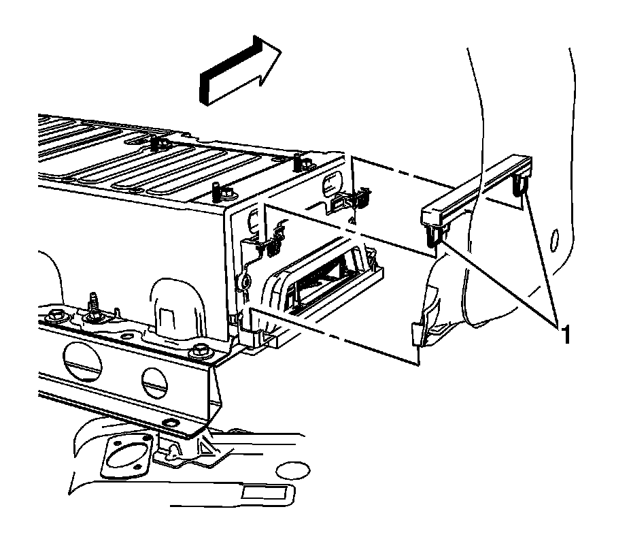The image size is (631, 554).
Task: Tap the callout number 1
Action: [566, 336]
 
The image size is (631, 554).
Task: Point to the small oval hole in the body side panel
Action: [555, 238]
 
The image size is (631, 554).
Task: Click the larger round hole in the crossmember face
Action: [82, 358]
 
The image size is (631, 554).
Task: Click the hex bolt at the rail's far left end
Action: [54, 314]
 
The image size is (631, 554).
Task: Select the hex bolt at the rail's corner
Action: [199, 350]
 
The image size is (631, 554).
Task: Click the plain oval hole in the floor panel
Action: [294, 470]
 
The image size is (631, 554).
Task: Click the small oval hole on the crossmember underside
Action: [171, 423]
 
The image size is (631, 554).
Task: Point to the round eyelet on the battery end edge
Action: [244, 282]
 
